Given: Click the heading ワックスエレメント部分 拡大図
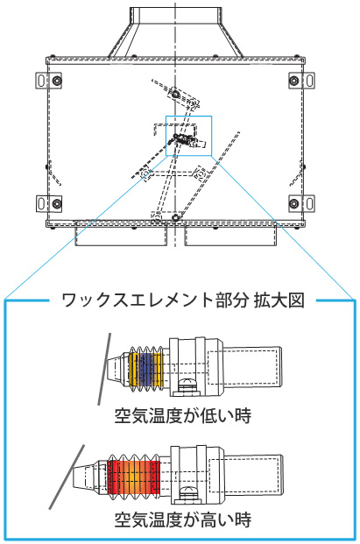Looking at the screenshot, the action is coord(183,300).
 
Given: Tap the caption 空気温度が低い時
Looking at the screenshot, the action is coord(183,415).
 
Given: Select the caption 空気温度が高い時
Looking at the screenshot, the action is coord(183,519).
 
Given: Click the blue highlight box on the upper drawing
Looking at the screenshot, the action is coord(188,117).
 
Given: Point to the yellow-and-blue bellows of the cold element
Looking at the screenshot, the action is coord(146,369).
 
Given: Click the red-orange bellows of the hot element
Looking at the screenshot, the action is coord(133,477).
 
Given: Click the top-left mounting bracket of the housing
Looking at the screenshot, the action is coord(49,81).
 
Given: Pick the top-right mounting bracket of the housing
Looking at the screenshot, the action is coord(301,81).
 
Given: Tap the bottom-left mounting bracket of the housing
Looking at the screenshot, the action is coord(49,203).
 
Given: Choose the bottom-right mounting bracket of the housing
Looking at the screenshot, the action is coord(301,203).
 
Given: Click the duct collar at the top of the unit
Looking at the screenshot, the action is coord(176,15).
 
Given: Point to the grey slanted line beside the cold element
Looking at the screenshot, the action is coord(104,369).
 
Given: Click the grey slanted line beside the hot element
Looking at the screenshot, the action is coord(67,477).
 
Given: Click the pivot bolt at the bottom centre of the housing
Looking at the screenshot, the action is coord(175,218).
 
